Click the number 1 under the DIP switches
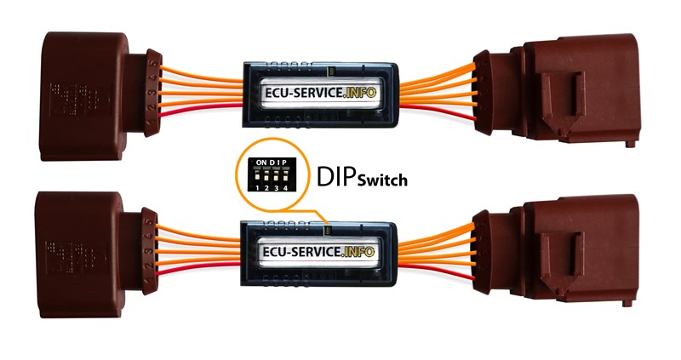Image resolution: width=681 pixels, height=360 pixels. point(256,186)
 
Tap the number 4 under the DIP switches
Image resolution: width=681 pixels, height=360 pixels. point(286,186)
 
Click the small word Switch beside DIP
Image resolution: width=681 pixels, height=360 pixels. point(381,180)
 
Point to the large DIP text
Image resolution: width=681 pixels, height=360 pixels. point(337,175)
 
